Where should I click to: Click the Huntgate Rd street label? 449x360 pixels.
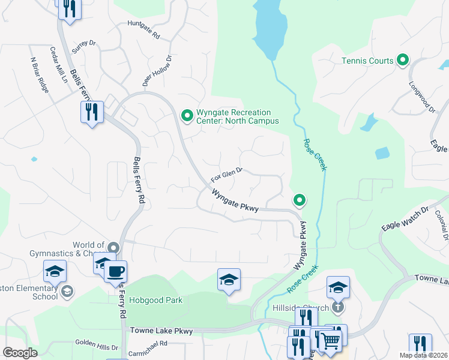tap(144, 30)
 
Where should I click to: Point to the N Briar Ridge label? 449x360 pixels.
tap(39, 71)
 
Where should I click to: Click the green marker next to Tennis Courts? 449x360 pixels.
tap(403, 60)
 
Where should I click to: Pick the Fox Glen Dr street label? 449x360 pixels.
tap(226, 176)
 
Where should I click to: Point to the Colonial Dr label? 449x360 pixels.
tap(442, 225)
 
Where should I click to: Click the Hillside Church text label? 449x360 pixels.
tap(307, 308)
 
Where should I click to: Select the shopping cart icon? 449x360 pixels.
tap(330, 341)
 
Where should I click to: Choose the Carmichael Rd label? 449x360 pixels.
tap(147, 344)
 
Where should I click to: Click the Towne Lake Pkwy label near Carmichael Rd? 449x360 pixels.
tap(161, 331)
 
